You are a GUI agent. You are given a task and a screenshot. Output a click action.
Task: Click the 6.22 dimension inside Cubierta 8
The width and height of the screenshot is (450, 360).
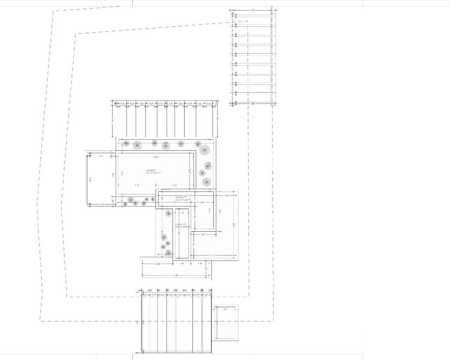click(156, 157)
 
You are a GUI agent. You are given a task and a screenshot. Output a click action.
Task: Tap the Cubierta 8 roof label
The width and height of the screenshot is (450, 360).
click(153, 171)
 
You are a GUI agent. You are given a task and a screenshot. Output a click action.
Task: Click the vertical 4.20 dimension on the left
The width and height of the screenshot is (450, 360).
click(90, 179)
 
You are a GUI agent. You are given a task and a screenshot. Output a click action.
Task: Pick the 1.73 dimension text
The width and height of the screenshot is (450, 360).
click(100, 156)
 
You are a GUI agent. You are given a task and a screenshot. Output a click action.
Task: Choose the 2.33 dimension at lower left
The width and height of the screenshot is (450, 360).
click(102, 204)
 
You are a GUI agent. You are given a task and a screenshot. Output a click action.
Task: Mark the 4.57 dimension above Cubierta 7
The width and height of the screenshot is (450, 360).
click(186, 195)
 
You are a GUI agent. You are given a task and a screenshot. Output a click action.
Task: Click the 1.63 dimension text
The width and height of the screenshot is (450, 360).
click(226, 195)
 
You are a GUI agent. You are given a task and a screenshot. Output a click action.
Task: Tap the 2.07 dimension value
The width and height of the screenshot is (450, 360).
click(204, 234)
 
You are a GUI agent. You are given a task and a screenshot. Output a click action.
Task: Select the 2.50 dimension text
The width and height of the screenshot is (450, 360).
click(157, 264)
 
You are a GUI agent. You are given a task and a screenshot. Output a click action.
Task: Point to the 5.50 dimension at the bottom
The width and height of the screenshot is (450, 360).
click(176, 275)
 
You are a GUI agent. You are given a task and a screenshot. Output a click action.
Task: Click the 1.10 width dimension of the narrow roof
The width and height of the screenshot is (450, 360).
click(181, 213)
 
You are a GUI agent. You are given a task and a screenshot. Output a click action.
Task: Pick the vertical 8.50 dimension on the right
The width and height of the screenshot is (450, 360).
click(234, 225)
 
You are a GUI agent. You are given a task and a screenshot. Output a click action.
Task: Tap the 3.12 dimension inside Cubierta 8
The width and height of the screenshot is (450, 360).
click(175, 185)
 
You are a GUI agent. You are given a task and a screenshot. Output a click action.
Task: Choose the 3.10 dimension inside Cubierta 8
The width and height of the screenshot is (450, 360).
click(137, 185)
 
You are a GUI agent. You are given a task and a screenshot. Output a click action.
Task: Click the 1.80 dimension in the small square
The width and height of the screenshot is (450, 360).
click(225, 309)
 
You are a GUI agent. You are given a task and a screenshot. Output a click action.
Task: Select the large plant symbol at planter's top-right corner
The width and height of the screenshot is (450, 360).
click(205, 150)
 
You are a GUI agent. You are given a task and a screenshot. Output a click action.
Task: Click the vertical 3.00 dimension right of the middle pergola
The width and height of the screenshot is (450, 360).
click(218, 119)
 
